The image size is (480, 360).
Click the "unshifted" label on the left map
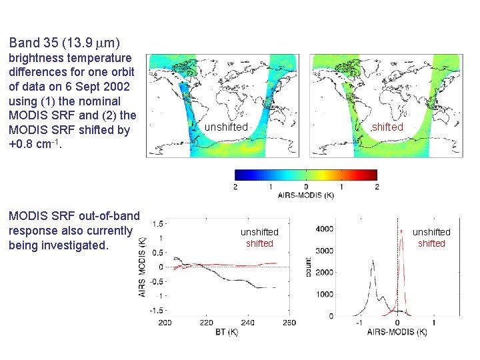pos(226,127)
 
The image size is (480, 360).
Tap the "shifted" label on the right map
pos(388,127)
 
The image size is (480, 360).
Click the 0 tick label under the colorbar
pos(306,187)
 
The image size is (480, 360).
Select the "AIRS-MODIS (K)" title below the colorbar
pos(306,196)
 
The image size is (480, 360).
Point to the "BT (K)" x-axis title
pos(227,331)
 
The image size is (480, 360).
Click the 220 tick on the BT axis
pos(207,323)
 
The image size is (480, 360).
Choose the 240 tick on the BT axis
pos(248,323)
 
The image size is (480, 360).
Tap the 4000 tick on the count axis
pos(324,229)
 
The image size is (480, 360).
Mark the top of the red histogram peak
pos(402,231)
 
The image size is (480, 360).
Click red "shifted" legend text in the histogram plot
pos(431,243)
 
